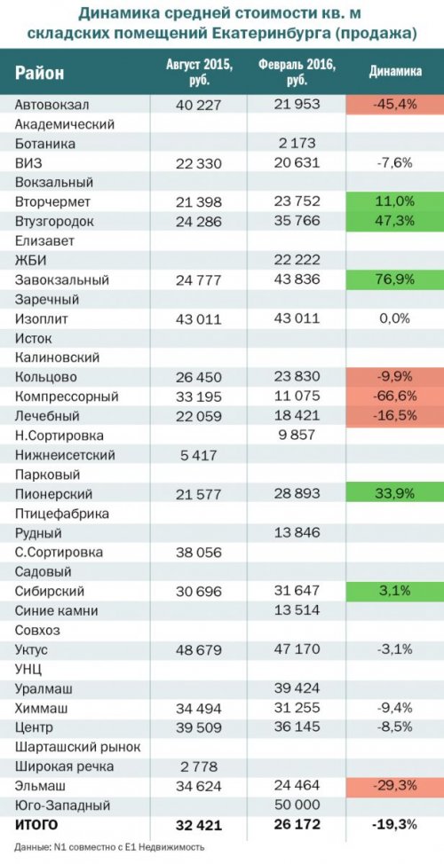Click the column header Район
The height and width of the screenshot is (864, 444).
point(40,73)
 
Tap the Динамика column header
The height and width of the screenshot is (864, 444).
point(395,72)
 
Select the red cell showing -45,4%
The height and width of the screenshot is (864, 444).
point(395,105)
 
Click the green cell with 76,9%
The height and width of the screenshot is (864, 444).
point(395,280)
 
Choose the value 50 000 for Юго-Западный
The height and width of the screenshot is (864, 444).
point(297,805)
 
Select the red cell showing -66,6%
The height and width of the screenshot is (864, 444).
point(395,397)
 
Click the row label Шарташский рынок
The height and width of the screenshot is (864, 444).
point(78,747)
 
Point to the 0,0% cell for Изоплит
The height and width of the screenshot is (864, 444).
point(395,319)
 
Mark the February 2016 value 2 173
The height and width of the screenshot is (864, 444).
point(297,144)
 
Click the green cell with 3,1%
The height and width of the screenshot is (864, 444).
point(395,592)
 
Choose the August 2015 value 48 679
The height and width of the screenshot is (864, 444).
point(199,649)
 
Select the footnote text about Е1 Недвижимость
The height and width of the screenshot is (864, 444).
point(110,847)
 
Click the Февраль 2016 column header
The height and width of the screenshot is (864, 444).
point(297,72)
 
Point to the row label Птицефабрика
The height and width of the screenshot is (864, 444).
point(62,514)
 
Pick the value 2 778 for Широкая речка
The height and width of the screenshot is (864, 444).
point(199,766)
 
